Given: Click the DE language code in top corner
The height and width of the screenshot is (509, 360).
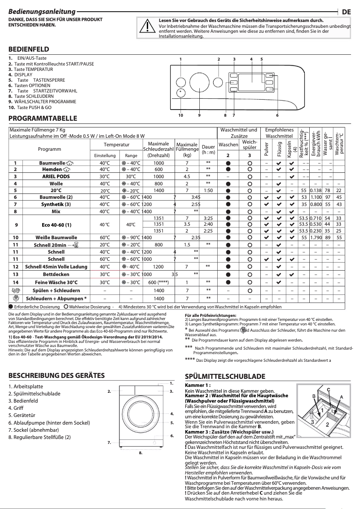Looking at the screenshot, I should point(346,12).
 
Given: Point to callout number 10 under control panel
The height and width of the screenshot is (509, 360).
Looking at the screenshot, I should point(180,115).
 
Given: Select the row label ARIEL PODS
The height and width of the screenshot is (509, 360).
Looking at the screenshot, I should point(56,176).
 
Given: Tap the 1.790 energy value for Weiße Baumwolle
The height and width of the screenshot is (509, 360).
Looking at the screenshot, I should point(316,237).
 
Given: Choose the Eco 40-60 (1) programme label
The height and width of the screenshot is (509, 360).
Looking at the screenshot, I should point(56,224).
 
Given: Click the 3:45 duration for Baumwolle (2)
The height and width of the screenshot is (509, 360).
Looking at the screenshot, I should point(196,197).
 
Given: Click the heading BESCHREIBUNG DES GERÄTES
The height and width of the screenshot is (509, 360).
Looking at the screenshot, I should point(53,376).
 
